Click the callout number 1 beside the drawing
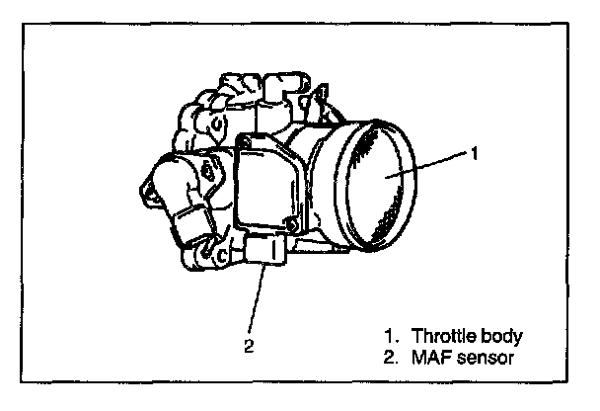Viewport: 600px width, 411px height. pos(474,153)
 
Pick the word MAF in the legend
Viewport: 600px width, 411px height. pos(430,353)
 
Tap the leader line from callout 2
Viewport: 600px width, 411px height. pos(257,296)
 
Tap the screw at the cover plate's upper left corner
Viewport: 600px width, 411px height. pos(243,150)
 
